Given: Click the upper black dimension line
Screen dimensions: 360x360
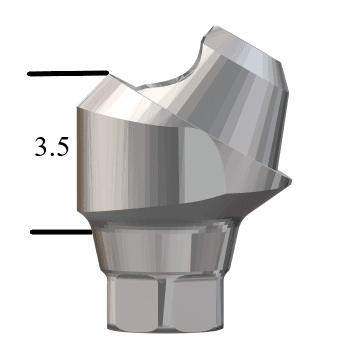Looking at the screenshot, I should tap(68, 73).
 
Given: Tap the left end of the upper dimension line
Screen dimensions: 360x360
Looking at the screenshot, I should tap(30, 73).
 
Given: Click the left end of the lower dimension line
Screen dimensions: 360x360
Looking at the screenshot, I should tap(32, 232).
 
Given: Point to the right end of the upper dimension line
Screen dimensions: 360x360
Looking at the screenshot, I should tap(106, 73).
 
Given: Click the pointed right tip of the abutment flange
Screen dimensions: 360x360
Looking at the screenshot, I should tap(291, 178).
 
